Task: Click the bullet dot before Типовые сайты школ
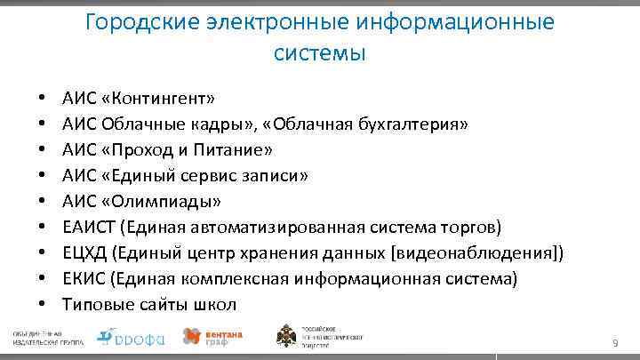pyautogui.click(x=42, y=305)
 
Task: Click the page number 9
pyautogui.click(x=614, y=343)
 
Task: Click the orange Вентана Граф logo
pyautogui.click(x=211, y=337)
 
